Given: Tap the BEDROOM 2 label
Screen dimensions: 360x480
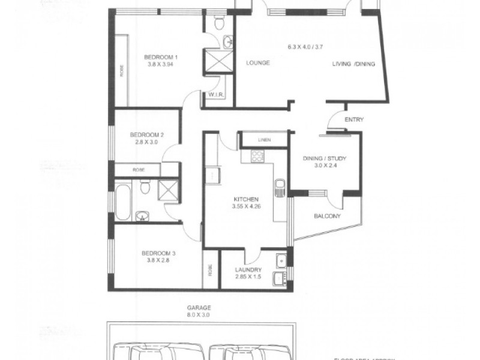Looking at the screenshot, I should tap(146, 135).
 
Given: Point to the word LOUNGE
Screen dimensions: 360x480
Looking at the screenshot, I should tap(257, 62).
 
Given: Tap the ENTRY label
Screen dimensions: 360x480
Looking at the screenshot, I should tap(354, 120).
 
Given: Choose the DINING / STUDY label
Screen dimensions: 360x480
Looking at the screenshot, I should tap(325, 158).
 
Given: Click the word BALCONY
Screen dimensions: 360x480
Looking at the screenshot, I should tap(326, 216).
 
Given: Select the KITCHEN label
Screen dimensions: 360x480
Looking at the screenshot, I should tap(246, 199).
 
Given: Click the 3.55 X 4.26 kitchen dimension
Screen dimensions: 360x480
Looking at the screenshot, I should tap(246, 207).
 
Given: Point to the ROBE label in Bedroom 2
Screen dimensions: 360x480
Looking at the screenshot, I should tap(139, 170).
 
